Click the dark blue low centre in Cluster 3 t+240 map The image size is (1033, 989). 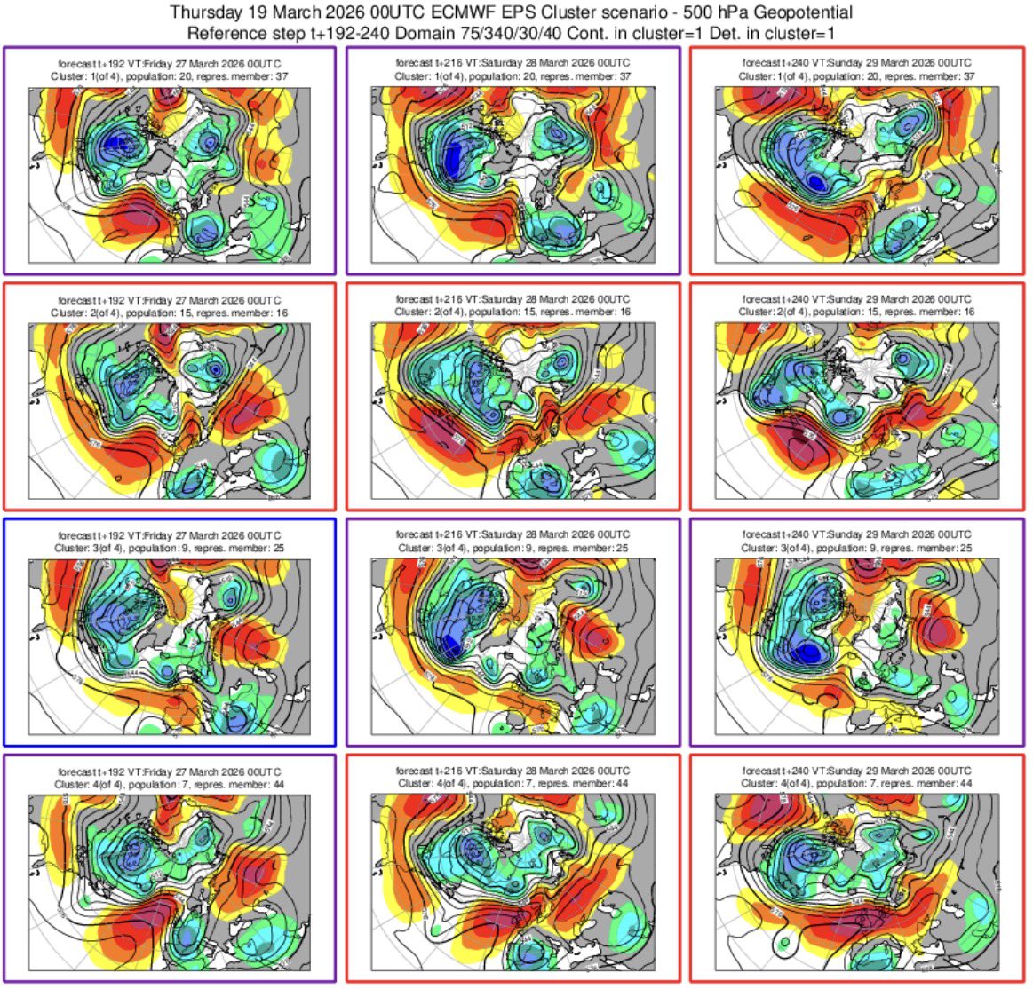[x=808, y=654]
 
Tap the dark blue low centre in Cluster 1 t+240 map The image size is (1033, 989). [x=815, y=182]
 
